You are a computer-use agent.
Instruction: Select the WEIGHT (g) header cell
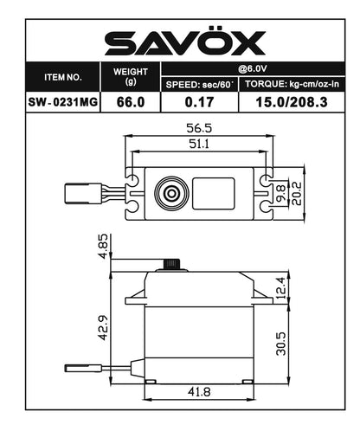[131, 76]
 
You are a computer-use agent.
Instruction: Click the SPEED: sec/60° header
[198, 84]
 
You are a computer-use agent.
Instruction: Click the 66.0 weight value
[131, 101]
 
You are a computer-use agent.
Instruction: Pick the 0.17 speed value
[198, 101]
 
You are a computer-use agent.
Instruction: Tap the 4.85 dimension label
[100, 244]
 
